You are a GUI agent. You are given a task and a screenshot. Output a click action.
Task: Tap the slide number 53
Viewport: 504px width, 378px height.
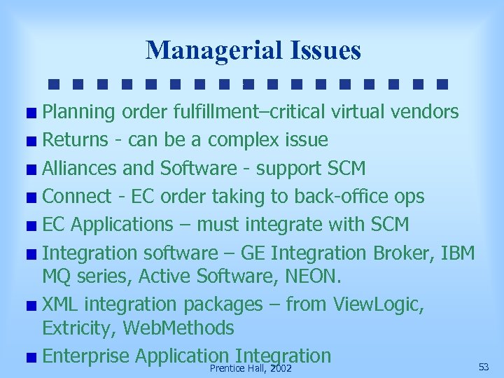(484, 367)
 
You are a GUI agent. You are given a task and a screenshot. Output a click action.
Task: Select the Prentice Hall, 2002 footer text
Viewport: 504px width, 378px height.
(251, 367)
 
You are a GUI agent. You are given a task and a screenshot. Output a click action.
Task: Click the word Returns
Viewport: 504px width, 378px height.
(73, 140)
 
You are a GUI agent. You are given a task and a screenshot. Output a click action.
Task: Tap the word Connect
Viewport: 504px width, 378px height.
(76, 196)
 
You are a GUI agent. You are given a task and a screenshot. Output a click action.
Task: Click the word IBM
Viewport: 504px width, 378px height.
(458, 252)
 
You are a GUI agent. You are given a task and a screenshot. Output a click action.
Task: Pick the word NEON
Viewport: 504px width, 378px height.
(313, 277)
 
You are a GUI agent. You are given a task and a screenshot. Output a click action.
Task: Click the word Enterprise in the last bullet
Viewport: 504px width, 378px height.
(85, 356)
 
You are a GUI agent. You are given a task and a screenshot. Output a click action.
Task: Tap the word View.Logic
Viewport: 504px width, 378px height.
(379, 304)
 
